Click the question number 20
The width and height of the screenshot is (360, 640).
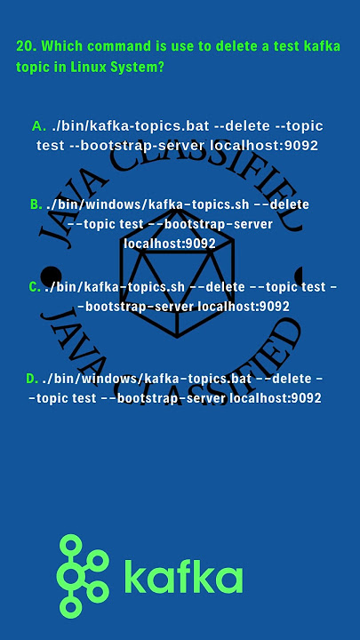point(27,46)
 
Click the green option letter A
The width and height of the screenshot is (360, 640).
point(39,126)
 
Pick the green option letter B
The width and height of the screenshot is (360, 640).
point(36,204)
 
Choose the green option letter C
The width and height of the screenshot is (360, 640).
point(35,287)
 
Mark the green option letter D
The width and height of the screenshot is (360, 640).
point(32,379)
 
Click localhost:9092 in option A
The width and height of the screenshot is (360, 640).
point(264,146)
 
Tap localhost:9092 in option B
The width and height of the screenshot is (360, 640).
point(170,244)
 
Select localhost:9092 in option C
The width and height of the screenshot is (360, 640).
point(244,306)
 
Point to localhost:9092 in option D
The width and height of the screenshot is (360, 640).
point(276,398)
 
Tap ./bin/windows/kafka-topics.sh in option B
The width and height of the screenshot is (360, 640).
point(148,204)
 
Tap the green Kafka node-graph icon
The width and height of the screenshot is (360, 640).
point(83,575)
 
